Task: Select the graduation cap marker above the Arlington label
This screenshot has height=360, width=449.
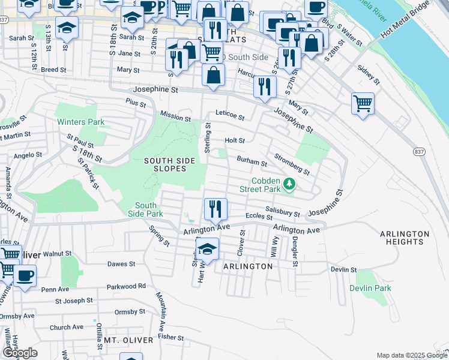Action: (207, 248)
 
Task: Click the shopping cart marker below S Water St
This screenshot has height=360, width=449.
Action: (363, 103)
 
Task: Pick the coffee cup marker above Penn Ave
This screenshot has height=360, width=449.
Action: (25, 275)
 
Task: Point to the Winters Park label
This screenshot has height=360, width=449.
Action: (81, 122)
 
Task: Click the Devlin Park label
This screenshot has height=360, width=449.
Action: (370, 288)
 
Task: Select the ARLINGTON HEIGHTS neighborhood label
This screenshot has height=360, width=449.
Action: (405, 238)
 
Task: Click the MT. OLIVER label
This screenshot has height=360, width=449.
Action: (126, 340)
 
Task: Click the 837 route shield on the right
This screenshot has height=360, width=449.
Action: (419, 152)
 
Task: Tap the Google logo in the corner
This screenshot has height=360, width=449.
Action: (20, 352)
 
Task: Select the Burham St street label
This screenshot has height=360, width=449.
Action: (252, 161)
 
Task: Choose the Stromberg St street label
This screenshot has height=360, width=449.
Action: (292, 164)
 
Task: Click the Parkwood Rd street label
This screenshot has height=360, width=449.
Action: (126, 286)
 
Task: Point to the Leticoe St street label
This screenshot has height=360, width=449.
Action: (230, 116)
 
